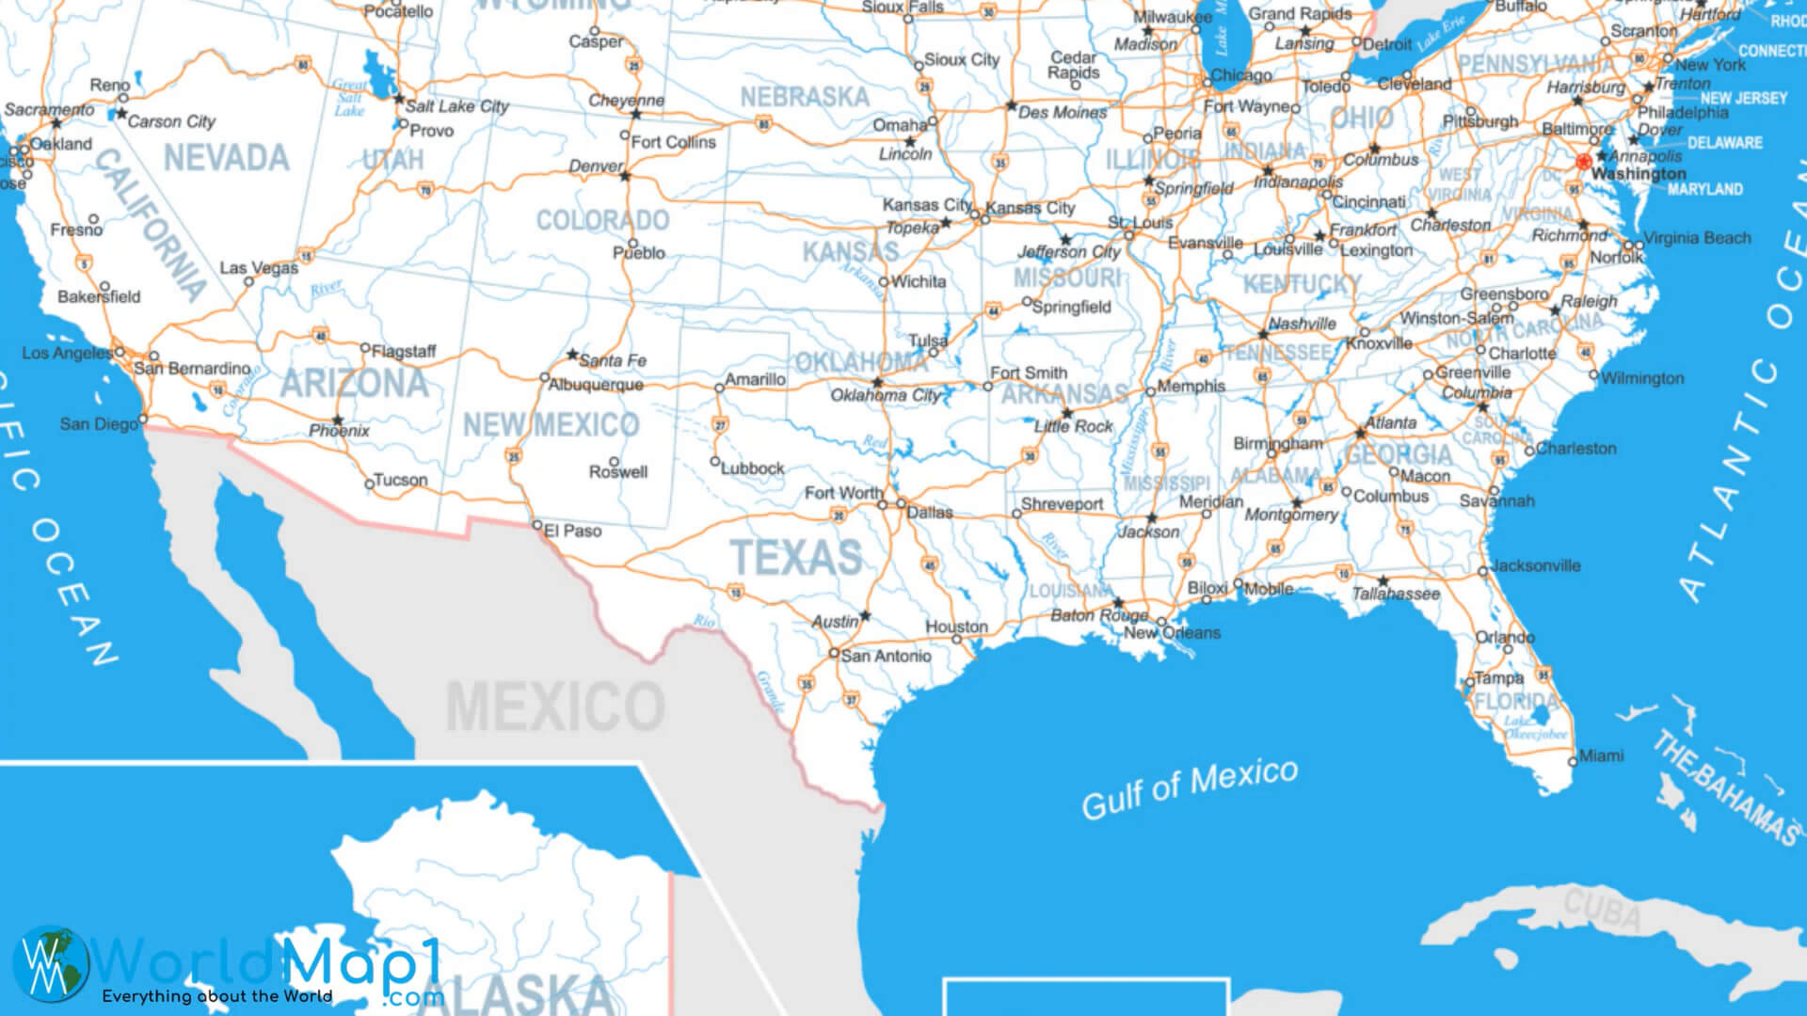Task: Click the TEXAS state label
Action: pos(796,557)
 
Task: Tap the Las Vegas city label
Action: pos(259,268)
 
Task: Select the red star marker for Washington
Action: pos(1584,162)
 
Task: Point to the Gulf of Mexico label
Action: pos(1190,788)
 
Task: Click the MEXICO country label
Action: pos(555,707)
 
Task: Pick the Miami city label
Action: pos(1601,755)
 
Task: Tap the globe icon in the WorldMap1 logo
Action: pos(51,963)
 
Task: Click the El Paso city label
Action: pos(572,531)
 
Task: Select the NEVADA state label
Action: pos(226,158)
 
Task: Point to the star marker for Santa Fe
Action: pos(572,356)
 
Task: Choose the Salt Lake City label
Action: pos(456,106)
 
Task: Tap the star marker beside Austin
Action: pos(865,616)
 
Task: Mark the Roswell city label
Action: pos(618,472)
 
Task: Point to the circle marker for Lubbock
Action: pos(715,462)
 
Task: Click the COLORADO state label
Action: pos(602,221)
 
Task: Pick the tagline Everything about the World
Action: pos(217,996)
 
